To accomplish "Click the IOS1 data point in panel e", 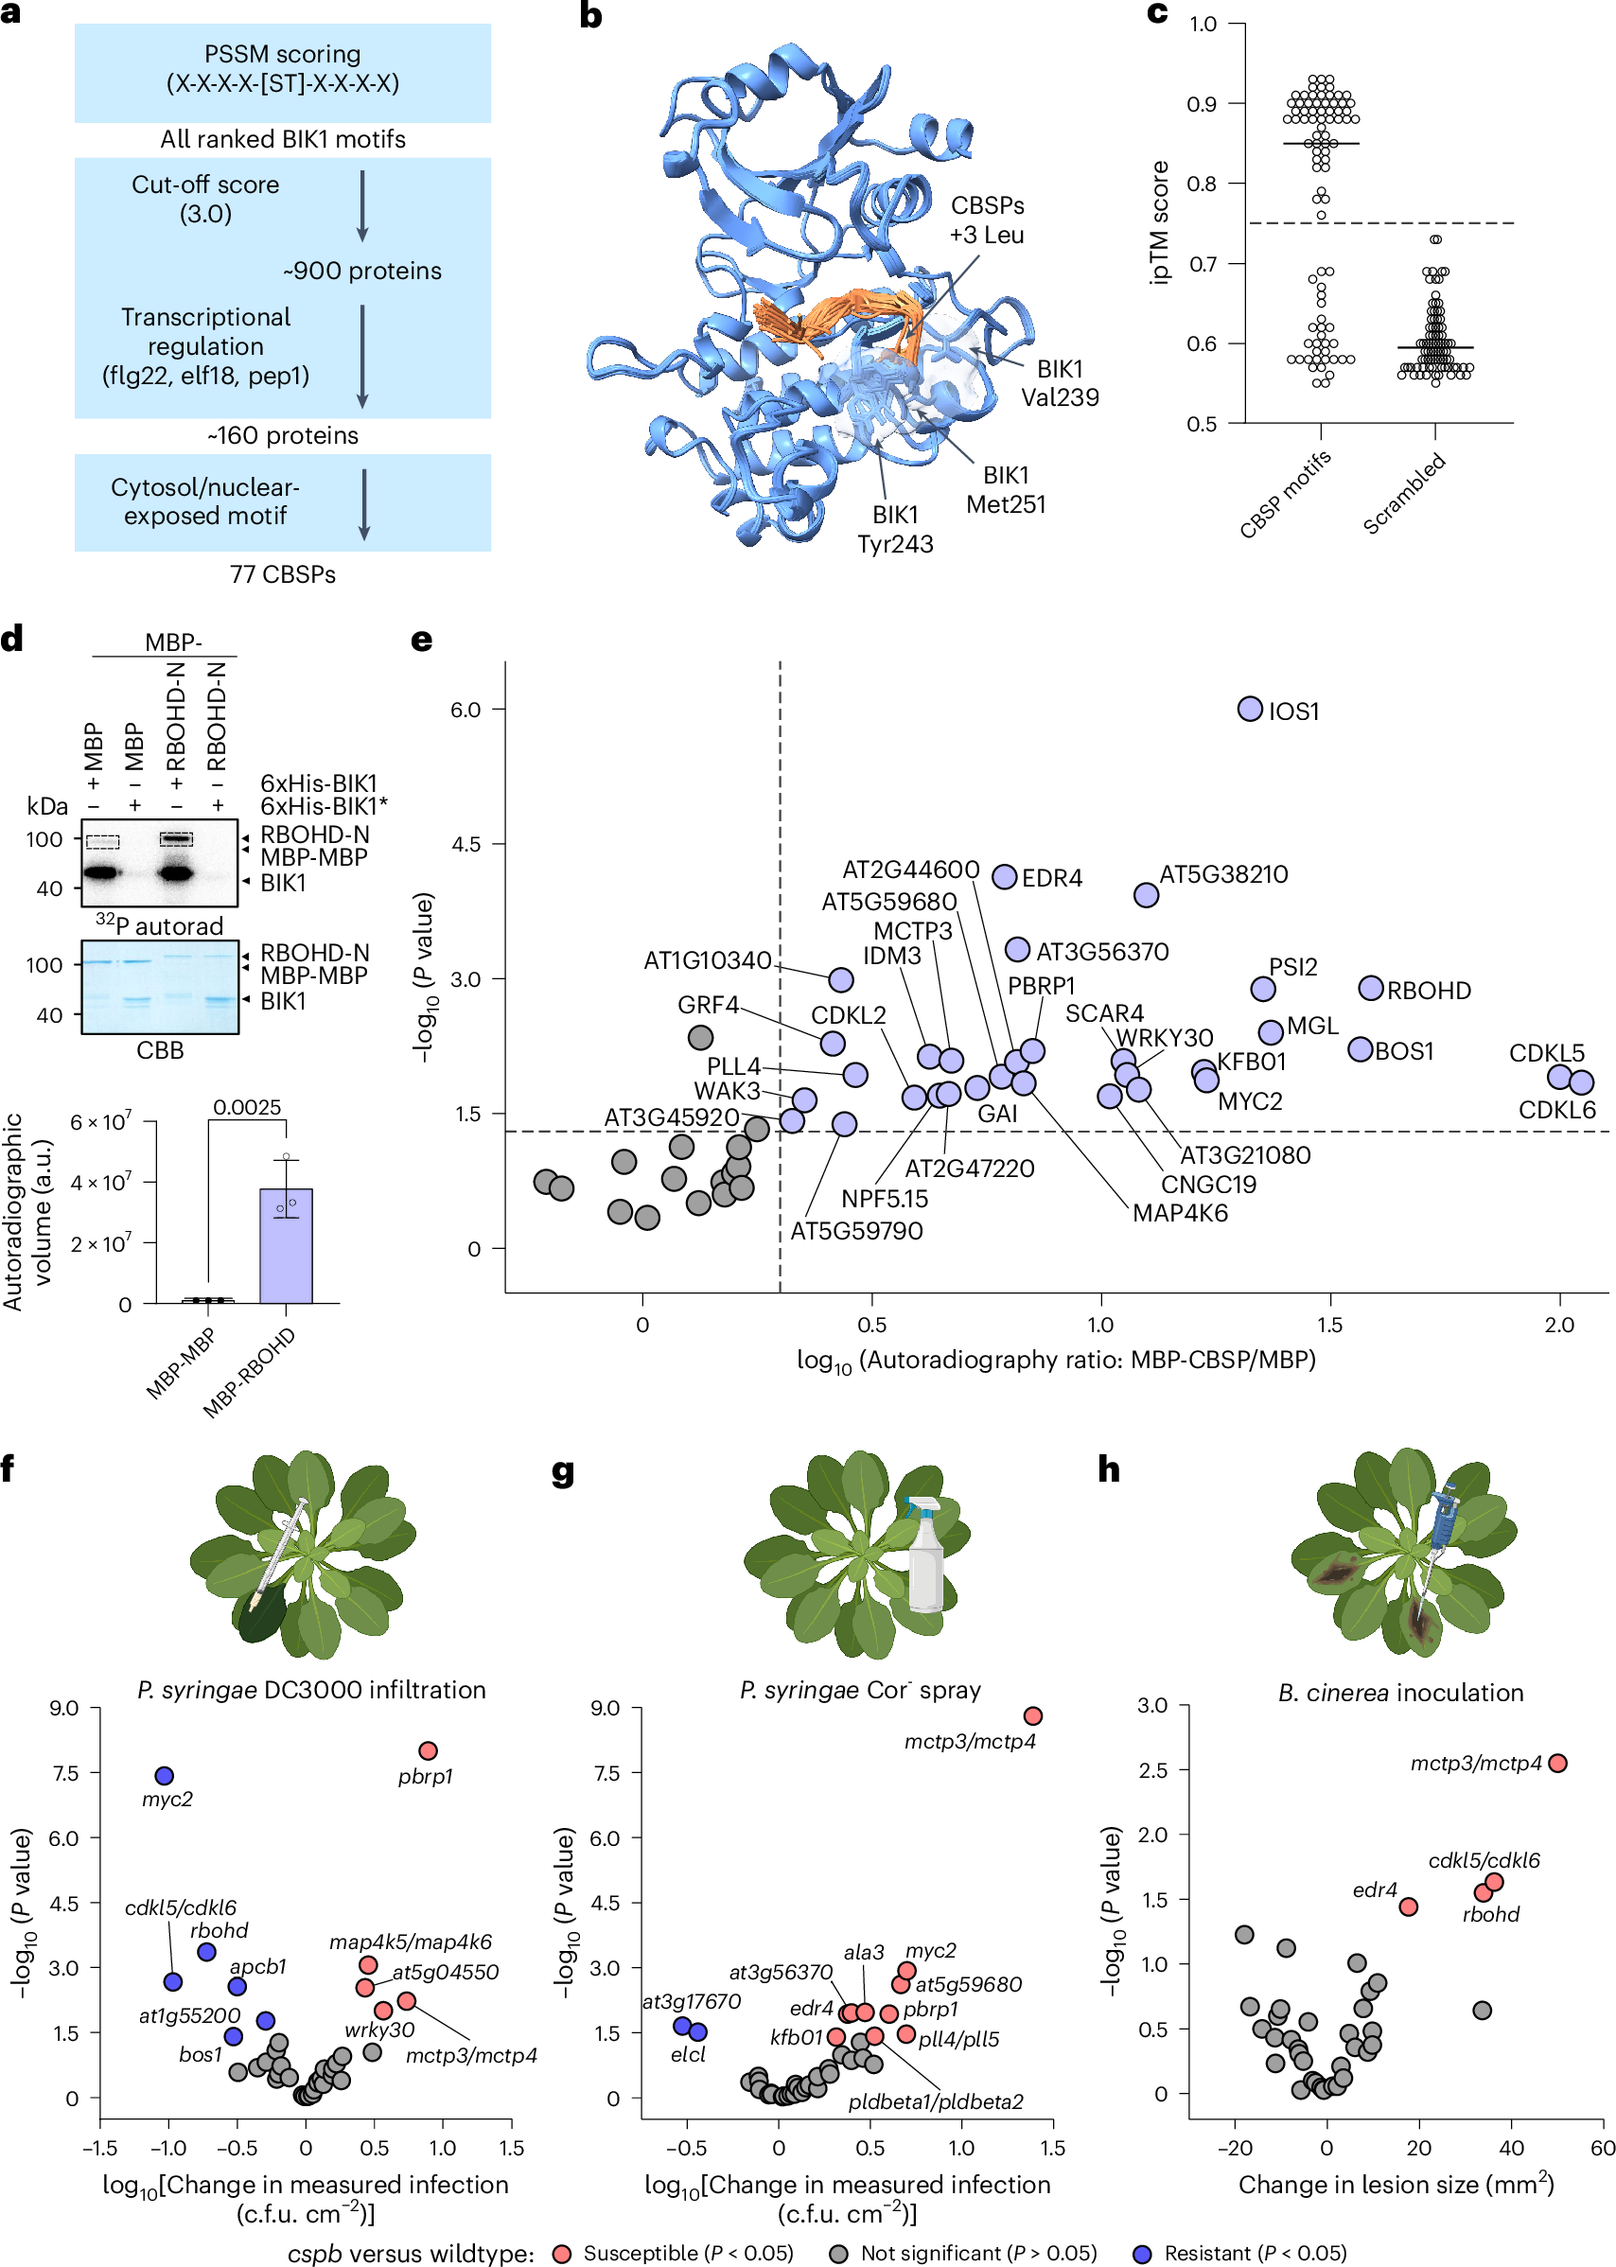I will pos(1250,709).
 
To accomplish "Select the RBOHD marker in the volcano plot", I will pos(1370,988).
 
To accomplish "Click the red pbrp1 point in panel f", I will pos(428,1750).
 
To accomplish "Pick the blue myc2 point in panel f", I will pos(165,1775).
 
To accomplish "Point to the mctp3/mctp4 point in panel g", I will pos(1033,1715).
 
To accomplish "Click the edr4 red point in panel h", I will pos(1408,1907).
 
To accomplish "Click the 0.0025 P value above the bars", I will pos(247,1108).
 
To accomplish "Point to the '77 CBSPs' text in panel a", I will pos(283,574).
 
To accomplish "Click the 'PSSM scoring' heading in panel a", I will pos(283,54).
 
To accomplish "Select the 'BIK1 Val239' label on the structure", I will pos(1060,383).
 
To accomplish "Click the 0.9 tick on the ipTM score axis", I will pos(1202,103).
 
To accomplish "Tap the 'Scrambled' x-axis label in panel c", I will pos(1404,493).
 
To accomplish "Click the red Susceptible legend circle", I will pos(561,2253).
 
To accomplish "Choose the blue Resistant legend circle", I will pos(1142,2253).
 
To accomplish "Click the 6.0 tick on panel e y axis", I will pos(465,710).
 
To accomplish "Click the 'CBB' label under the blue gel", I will pos(159,1050).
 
